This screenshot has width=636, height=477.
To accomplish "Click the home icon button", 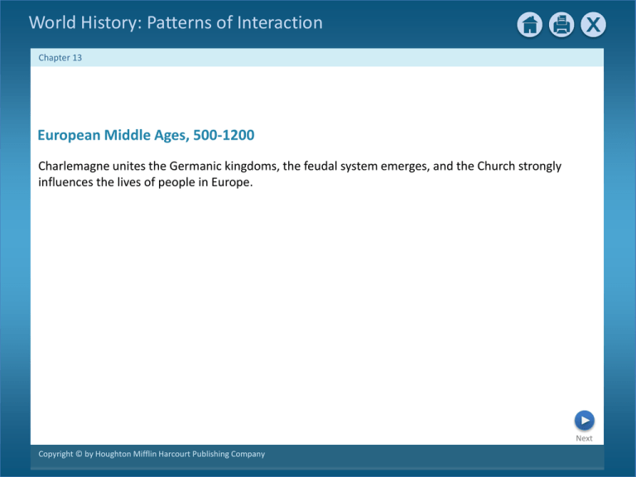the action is point(530,25).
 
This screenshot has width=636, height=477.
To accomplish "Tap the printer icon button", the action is point(561,25).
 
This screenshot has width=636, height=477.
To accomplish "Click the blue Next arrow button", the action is point(585,420).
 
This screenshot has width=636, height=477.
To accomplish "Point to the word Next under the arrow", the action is point(584,438).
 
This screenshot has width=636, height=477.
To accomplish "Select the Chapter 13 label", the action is point(60,58).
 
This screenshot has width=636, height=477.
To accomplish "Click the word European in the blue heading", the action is point(69,136).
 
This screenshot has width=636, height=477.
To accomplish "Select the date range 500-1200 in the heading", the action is point(224,135).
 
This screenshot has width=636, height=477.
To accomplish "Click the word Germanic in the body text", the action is point(195,166).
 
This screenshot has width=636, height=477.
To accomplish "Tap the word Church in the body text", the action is point(496,166).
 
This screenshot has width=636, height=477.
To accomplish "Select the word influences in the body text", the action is point(65,181).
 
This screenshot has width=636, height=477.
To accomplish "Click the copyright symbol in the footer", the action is point(79,454).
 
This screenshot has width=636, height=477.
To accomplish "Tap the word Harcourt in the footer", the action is point(174,454).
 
